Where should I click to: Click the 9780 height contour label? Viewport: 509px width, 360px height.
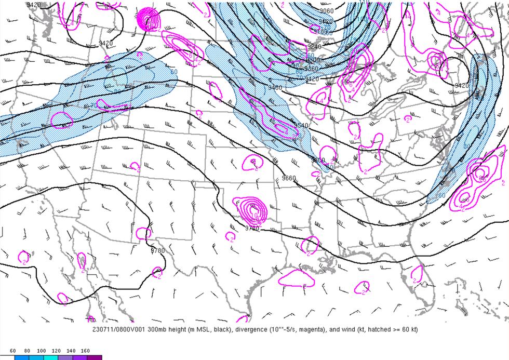[157, 251]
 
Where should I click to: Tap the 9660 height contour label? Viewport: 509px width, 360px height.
[289, 178]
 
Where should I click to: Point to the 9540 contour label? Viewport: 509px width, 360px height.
[301, 126]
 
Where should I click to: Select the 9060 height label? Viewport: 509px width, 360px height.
[327, 11]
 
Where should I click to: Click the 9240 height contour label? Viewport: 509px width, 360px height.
[314, 46]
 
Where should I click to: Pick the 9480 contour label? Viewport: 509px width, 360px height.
[275, 88]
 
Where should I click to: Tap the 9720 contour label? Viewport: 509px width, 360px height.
[252, 228]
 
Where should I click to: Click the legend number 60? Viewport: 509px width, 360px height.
[13, 351]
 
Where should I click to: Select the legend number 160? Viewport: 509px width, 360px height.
[85, 351]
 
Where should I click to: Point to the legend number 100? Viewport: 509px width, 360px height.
[42, 351]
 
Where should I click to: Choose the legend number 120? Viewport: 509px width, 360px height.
[57, 351]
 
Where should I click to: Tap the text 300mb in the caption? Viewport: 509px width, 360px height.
[157, 330]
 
